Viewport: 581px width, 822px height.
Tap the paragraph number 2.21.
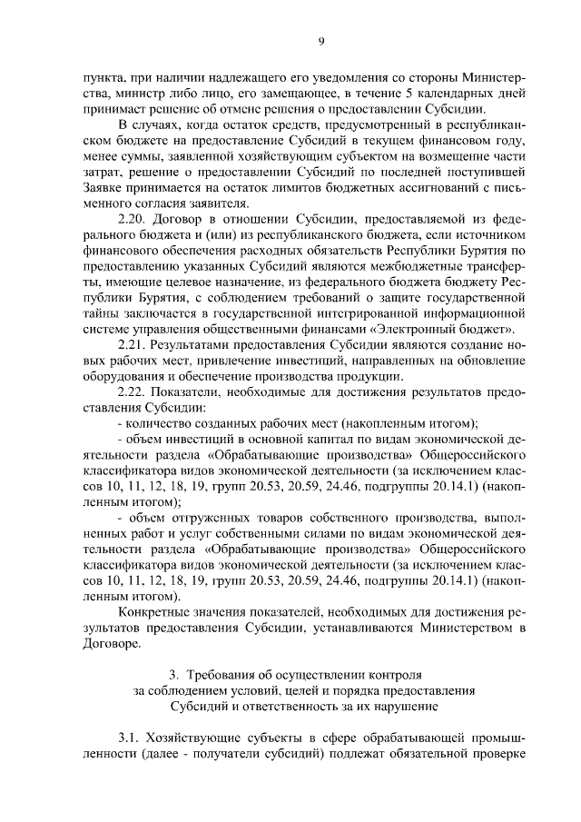tap(134, 346)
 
